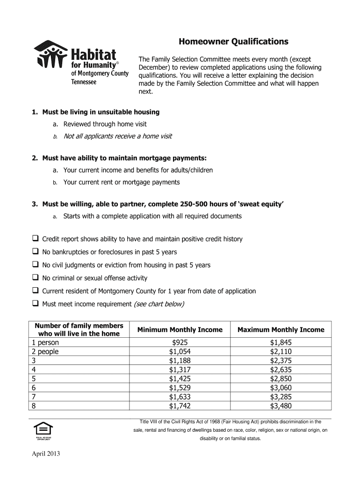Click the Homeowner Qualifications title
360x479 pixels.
click(233, 42)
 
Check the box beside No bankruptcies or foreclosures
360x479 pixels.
click(35, 252)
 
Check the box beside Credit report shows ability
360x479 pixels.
click(35, 239)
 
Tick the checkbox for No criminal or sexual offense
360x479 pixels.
click(35, 278)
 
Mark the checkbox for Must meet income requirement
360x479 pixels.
click(35, 304)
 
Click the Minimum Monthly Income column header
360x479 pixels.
click(180, 330)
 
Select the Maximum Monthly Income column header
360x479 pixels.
click(281, 330)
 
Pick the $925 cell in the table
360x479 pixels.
click(180, 343)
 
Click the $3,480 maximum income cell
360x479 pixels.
click(281, 406)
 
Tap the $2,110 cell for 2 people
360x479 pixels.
click(281, 352)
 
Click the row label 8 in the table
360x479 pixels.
click(33, 406)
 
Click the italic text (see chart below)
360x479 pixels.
click(159, 304)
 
